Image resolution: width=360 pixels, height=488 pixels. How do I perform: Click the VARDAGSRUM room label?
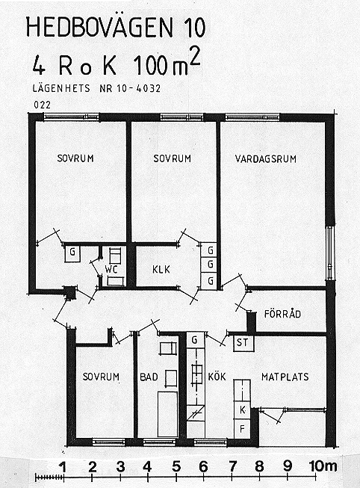click(265, 158)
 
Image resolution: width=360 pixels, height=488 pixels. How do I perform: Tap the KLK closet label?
click(161, 269)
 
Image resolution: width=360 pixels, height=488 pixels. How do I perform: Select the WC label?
click(111, 269)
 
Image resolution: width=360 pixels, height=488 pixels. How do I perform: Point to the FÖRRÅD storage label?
click(282, 313)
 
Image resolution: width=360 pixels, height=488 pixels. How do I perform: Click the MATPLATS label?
click(285, 377)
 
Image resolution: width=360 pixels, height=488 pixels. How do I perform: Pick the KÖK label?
click(217, 376)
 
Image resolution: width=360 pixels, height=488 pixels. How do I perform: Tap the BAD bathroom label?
click(149, 377)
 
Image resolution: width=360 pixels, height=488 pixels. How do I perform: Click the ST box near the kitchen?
click(243, 343)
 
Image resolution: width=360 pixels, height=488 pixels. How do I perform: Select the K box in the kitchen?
click(242, 410)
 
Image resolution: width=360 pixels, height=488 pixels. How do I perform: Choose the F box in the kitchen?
click(242, 428)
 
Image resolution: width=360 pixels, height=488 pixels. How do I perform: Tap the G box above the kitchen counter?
click(195, 339)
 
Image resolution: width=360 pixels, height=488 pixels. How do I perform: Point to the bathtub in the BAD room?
click(168, 414)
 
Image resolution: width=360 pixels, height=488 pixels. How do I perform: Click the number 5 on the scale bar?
click(176, 467)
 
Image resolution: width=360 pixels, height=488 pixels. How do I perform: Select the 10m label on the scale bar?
click(323, 466)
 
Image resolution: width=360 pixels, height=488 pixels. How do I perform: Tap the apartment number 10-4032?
click(139, 88)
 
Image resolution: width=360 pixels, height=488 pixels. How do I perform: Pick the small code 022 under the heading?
click(42, 105)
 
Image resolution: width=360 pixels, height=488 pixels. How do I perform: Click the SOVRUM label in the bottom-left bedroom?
click(101, 377)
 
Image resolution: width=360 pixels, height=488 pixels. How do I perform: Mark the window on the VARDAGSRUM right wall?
click(329, 253)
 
